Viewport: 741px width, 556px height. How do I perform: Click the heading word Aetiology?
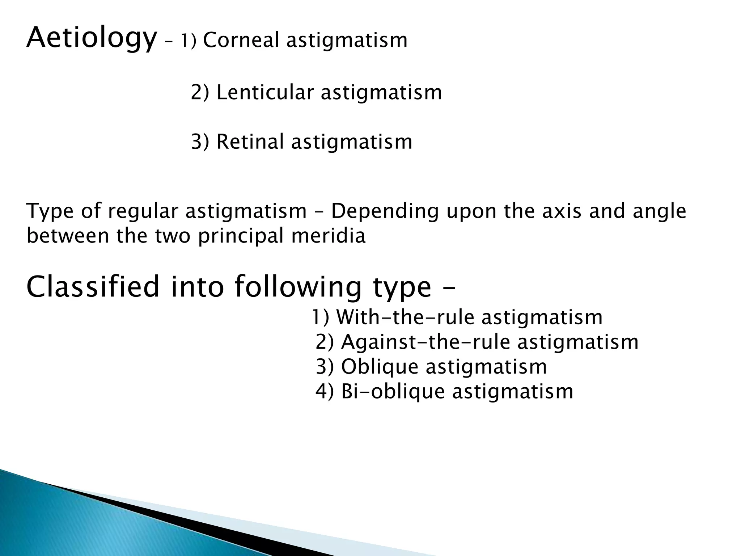(92, 38)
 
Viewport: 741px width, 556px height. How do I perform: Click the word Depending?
(385, 212)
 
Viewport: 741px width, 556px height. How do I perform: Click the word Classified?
(93, 286)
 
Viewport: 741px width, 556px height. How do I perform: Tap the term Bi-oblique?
(393, 392)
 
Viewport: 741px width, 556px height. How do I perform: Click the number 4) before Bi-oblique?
(325, 392)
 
